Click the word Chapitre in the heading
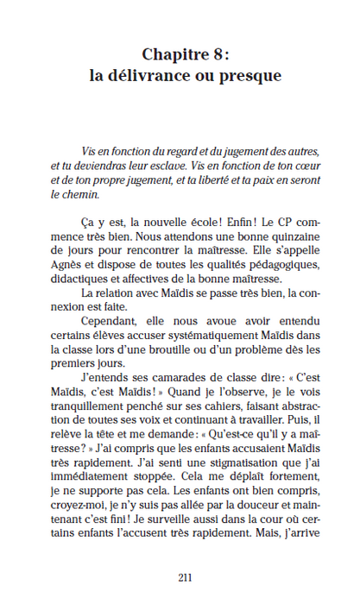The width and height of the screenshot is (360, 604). [170, 53]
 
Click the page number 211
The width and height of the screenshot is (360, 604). [184, 577]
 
